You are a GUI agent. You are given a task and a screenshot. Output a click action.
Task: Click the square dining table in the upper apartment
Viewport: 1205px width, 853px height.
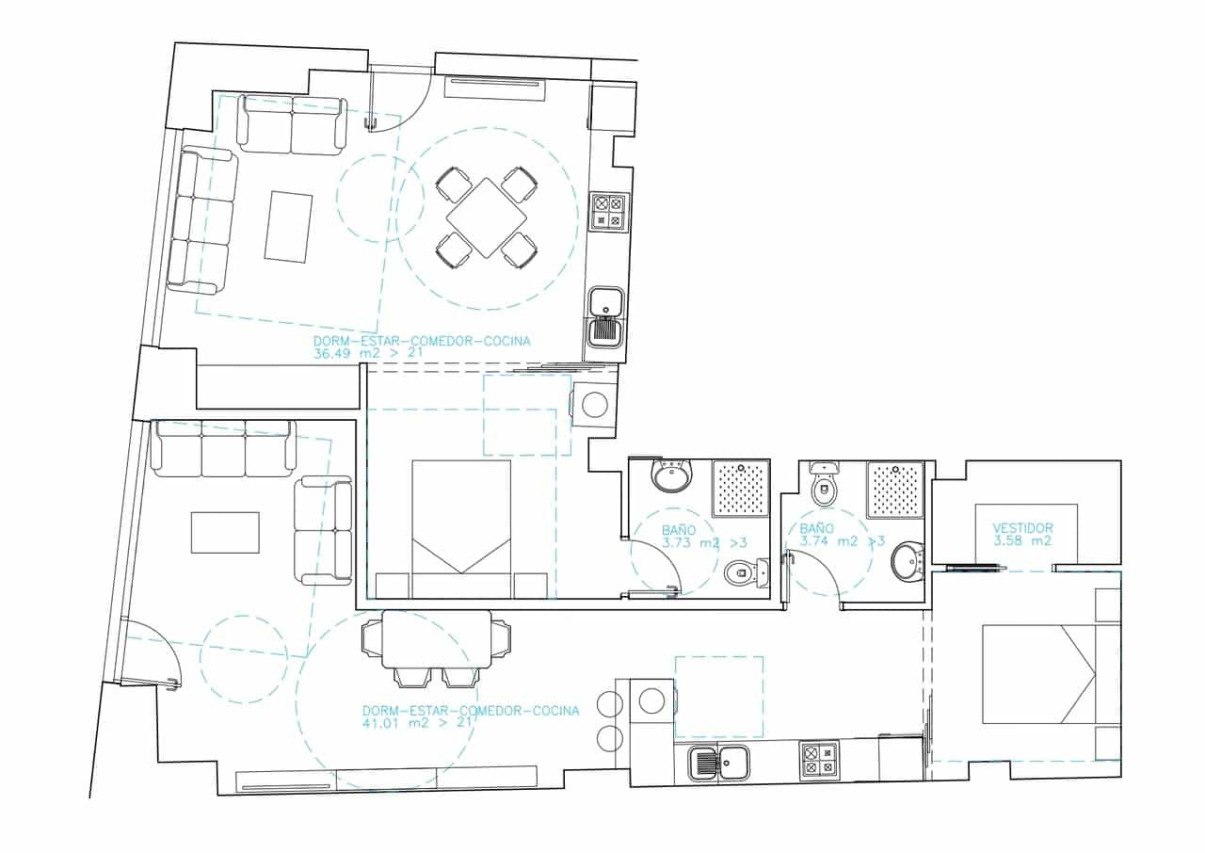[x=487, y=217]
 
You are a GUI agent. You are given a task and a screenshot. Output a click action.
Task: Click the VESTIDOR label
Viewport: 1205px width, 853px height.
[x=1022, y=528]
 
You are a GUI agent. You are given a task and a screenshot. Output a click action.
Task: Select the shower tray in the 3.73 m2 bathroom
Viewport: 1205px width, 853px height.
[x=742, y=489]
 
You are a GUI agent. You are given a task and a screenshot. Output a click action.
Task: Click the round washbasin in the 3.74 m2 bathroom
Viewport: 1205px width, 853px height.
[x=908, y=562]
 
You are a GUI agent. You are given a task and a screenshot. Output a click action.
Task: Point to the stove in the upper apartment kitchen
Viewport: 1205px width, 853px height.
[x=608, y=212]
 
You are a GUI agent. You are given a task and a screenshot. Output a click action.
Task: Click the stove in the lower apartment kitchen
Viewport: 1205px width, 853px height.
[x=818, y=761]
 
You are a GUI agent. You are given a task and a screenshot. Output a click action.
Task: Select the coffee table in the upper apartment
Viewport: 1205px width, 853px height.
[x=288, y=226]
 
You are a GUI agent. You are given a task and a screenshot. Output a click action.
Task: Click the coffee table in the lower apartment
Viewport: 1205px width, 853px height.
[x=225, y=532]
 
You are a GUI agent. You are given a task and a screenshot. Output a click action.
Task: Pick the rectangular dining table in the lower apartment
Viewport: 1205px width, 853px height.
[x=437, y=638]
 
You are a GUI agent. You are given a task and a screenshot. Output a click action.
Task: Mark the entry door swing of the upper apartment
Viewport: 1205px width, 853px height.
[x=400, y=100]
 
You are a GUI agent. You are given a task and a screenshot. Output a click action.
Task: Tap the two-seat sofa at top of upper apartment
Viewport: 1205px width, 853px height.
[x=291, y=124]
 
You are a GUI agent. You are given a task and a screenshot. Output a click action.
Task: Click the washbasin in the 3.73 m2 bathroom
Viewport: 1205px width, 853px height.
[x=672, y=476]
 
